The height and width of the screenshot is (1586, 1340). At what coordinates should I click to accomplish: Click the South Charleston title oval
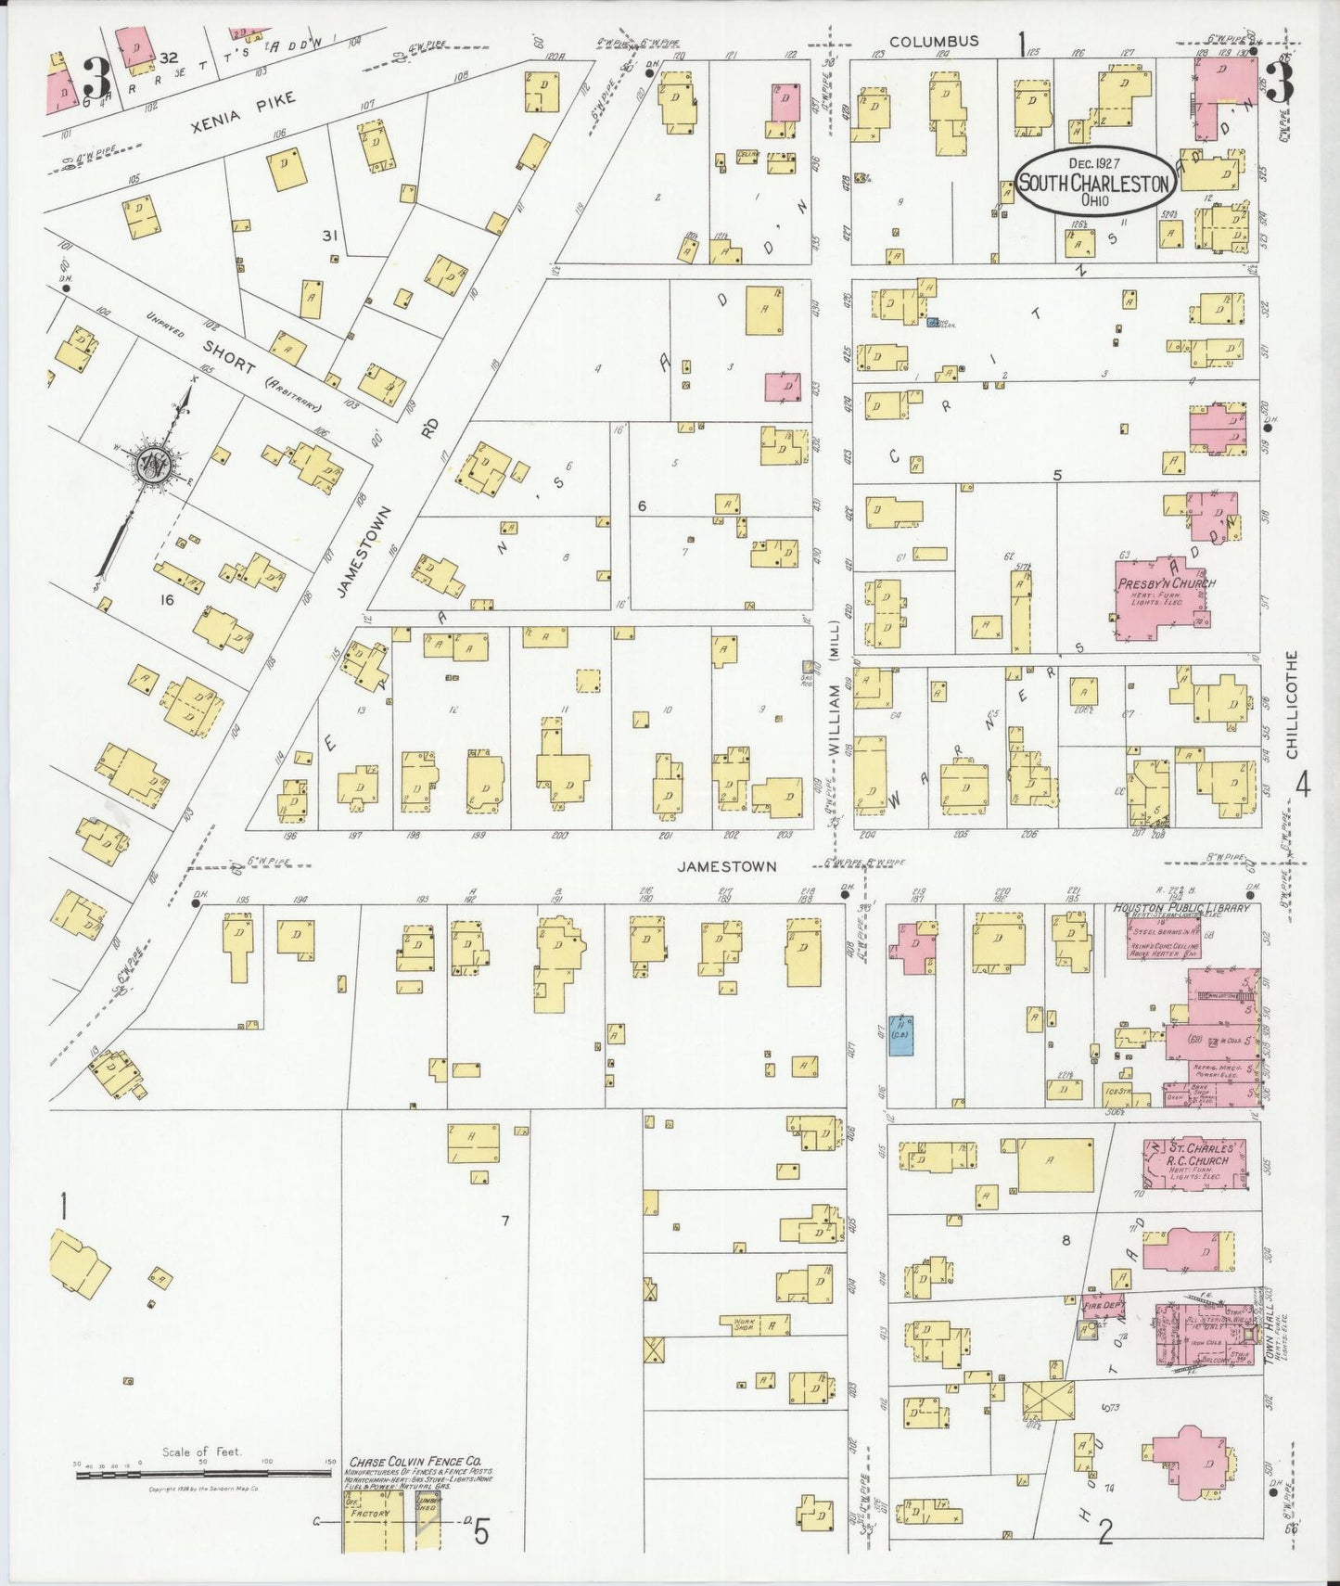(1093, 180)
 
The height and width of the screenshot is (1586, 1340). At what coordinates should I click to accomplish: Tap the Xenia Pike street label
(245, 111)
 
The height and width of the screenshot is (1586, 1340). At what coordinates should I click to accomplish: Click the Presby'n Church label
(1166, 584)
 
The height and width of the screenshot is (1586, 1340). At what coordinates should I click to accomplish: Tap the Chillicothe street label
(1292, 705)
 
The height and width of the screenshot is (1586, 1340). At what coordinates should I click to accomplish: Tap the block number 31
(329, 236)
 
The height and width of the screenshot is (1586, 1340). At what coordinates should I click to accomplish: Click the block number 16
(167, 600)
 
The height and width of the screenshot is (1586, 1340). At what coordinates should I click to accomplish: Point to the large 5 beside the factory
(481, 1533)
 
